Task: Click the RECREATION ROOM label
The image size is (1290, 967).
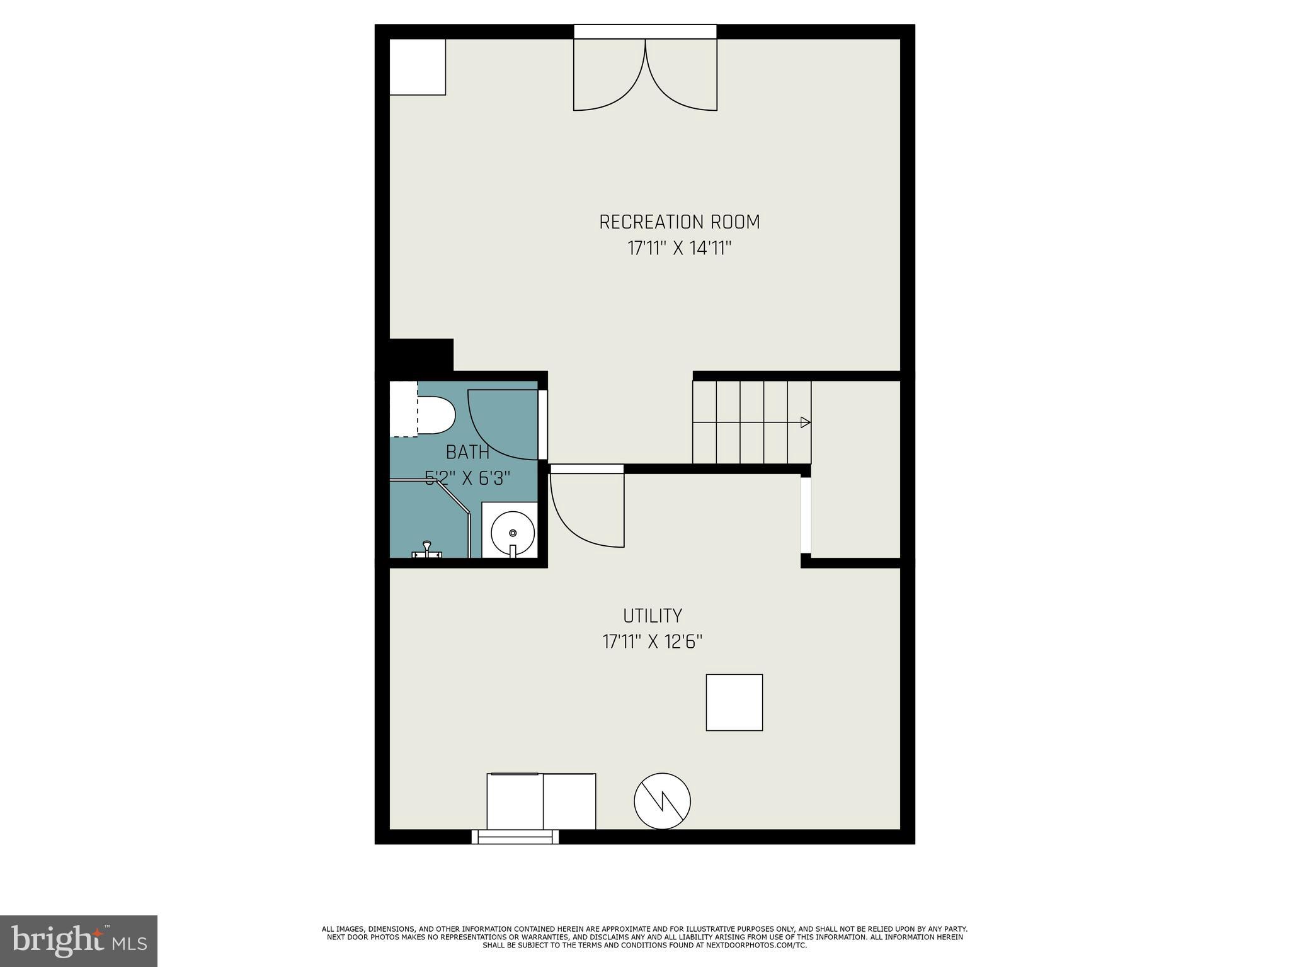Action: pos(679,222)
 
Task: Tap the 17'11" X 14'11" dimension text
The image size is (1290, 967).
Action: pos(679,249)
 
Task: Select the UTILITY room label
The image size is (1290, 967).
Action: pos(653,616)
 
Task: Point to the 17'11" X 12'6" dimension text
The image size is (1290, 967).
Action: pos(653,642)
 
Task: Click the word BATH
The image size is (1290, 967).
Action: pos(467,452)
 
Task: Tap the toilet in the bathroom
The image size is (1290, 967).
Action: pos(435,416)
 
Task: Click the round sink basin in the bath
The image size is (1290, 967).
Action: pos(512,533)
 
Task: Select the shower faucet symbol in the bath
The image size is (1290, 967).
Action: pos(426,550)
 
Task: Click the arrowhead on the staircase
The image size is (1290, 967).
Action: pos(804,422)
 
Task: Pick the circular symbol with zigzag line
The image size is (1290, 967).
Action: pos(662,801)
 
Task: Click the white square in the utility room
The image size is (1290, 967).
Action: pos(734,703)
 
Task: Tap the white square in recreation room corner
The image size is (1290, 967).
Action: pos(418,67)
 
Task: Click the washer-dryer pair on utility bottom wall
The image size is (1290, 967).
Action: pos(541,801)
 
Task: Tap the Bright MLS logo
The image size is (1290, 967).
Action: pos(79,941)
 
